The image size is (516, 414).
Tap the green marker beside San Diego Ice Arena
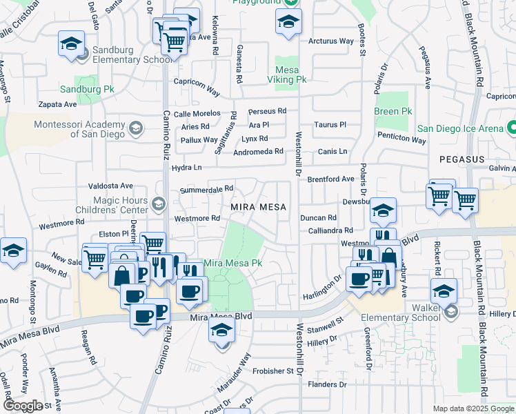tap(511, 128)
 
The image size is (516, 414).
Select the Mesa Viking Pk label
tap(290, 75)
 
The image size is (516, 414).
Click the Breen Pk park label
tap(393, 111)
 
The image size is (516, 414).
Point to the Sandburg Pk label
tap(86, 90)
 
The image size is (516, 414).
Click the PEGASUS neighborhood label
tap(461, 159)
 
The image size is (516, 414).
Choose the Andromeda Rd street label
tap(259, 152)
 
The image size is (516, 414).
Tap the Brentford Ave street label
tap(330, 179)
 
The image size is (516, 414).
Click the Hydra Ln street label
tap(187, 168)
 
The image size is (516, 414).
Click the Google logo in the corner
tap(22, 406)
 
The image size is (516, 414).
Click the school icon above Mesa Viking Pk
tap(288, 21)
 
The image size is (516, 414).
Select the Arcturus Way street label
tap(331, 41)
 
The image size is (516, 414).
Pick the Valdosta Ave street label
tap(110, 186)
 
